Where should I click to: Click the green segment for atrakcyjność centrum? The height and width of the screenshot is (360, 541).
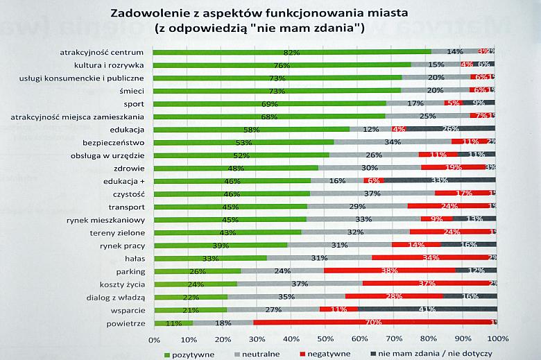[291, 52]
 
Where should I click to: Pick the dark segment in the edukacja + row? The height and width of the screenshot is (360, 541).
[440, 180]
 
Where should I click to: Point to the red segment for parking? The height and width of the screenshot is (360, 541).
[389, 271]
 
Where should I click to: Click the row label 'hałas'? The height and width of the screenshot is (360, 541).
[132, 258]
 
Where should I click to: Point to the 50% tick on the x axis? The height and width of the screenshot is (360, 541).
[325, 339]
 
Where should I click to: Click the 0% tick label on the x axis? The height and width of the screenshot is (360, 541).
[154, 339]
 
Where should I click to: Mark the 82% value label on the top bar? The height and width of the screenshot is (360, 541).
[291, 52]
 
